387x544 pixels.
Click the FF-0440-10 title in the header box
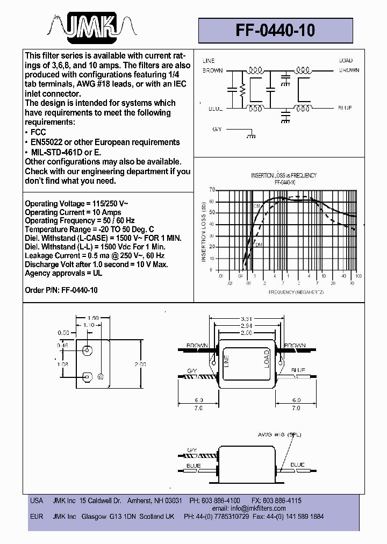275,31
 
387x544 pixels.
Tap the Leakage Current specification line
95,255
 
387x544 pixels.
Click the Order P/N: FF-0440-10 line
61,290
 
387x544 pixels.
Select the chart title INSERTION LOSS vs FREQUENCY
284,175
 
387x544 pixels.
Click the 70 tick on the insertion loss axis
211,190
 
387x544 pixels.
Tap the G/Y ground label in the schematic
217,129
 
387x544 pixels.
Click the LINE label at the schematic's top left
209,61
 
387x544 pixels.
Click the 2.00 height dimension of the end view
140,364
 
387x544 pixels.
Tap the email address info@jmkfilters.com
249,508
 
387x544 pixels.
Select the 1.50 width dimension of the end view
93,318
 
